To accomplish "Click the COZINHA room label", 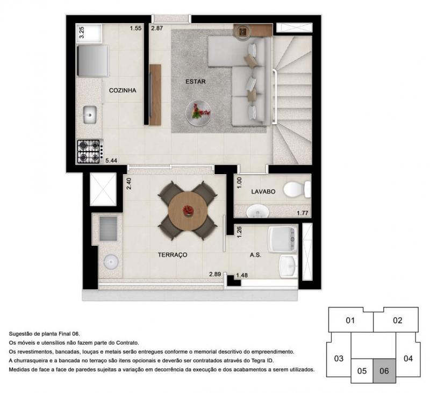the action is click(123, 90).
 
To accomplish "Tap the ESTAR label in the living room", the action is click(196, 82).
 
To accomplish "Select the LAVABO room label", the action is click(263, 191).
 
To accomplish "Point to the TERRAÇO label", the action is click(173, 255).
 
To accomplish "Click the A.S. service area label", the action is click(255, 255).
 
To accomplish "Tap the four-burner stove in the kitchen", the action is click(89, 152).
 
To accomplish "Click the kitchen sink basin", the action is click(90, 115).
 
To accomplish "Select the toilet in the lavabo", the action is click(297, 189).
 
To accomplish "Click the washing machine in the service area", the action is click(283, 239).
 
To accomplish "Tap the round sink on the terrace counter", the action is click(111, 262).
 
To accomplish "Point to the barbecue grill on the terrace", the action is click(108, 228).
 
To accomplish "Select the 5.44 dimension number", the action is click(111, 160).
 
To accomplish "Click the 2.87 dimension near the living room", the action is click(157, 28).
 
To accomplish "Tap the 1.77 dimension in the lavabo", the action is click(303, 213).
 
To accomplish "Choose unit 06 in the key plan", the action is click(384, 371).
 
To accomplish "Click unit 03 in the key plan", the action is click(339, 359).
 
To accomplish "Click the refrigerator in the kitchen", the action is click(92, 61).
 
